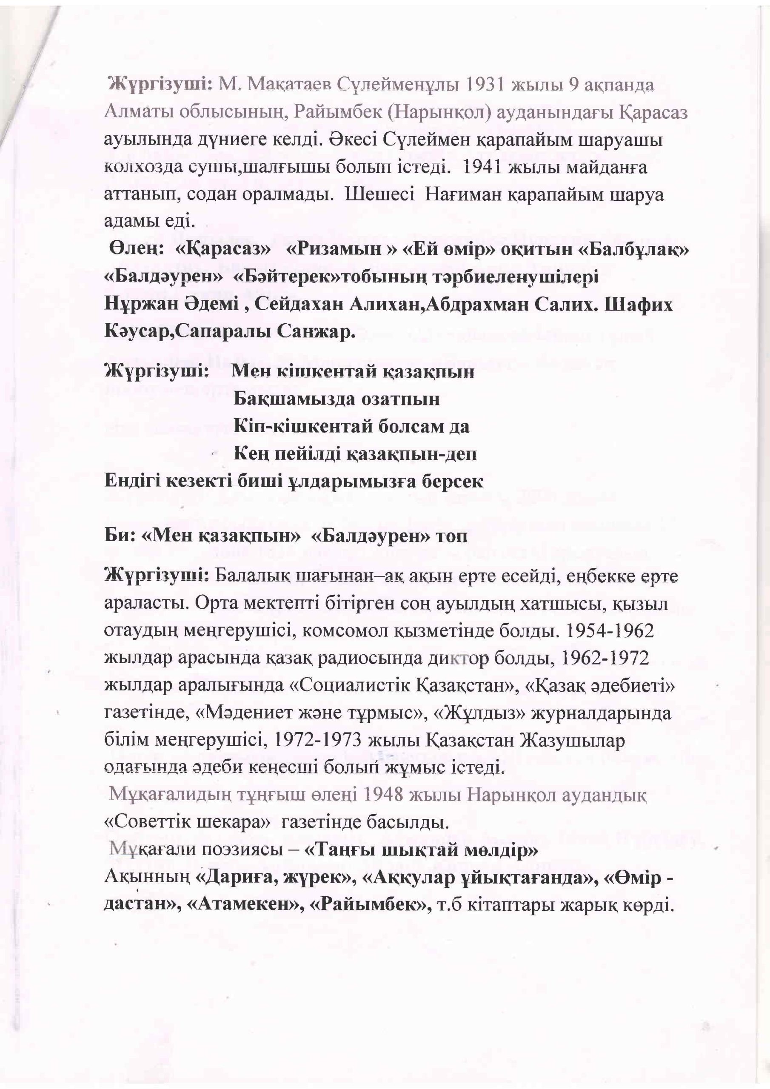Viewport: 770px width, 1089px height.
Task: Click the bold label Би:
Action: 120,536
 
